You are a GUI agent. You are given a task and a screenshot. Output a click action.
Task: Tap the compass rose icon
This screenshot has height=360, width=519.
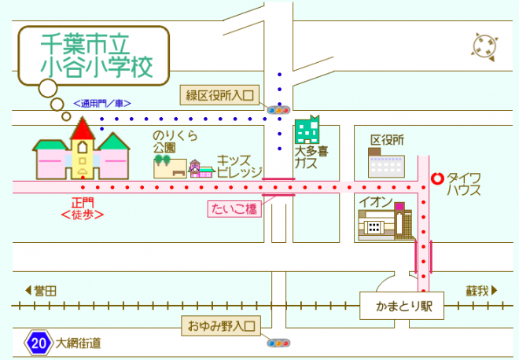[x=484, y=46]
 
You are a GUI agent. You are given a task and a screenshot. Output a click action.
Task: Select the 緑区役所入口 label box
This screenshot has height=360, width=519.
[x=221, y=95]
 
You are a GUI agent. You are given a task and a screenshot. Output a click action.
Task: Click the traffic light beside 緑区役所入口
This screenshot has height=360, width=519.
[x=278, y=110]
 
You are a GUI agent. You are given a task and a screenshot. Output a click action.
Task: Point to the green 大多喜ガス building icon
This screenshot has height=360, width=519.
[x=307, y=130]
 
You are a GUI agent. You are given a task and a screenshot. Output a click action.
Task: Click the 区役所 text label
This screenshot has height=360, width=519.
[x=387, y=140]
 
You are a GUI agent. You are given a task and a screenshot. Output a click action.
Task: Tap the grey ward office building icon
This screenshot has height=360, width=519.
[x=386, y=164]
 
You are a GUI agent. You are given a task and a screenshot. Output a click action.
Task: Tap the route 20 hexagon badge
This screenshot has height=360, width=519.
[x=39, y=343]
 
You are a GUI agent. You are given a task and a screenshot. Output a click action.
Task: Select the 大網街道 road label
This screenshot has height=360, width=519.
[x=78, y=343]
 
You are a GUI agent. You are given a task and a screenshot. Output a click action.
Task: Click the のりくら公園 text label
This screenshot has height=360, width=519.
[x=175, y=141]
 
